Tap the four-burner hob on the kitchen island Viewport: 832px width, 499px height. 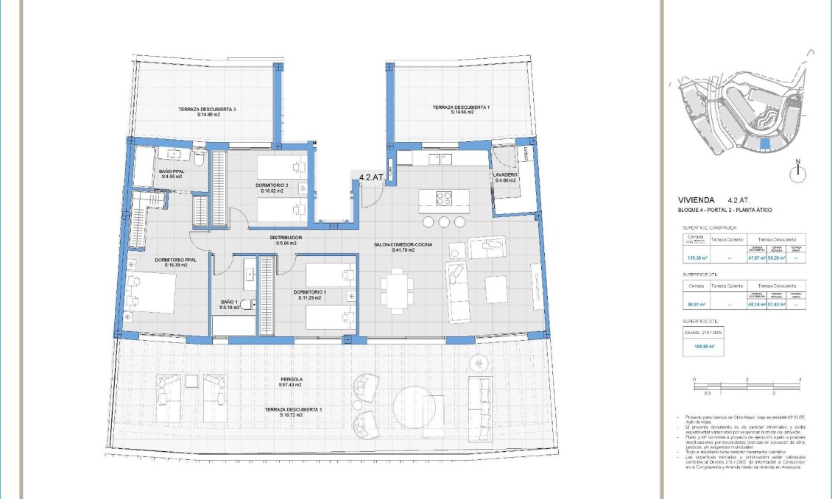(444, 198)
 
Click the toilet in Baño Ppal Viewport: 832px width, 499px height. (198, 157)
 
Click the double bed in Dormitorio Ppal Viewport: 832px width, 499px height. (151, 294)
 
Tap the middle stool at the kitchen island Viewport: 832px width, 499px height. (444, 222)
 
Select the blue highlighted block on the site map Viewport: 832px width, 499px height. (766, 144)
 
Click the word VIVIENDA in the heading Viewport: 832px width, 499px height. (697, 199)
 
